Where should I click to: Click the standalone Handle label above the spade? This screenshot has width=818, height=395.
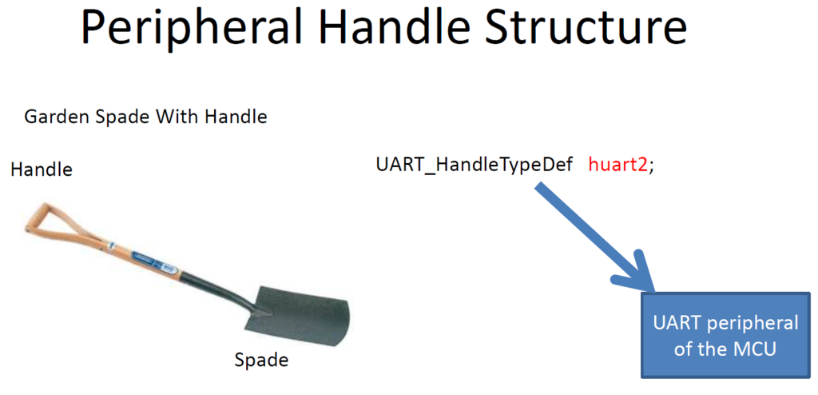click(42, 170)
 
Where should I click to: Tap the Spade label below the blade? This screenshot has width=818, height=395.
click(261, 360)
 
